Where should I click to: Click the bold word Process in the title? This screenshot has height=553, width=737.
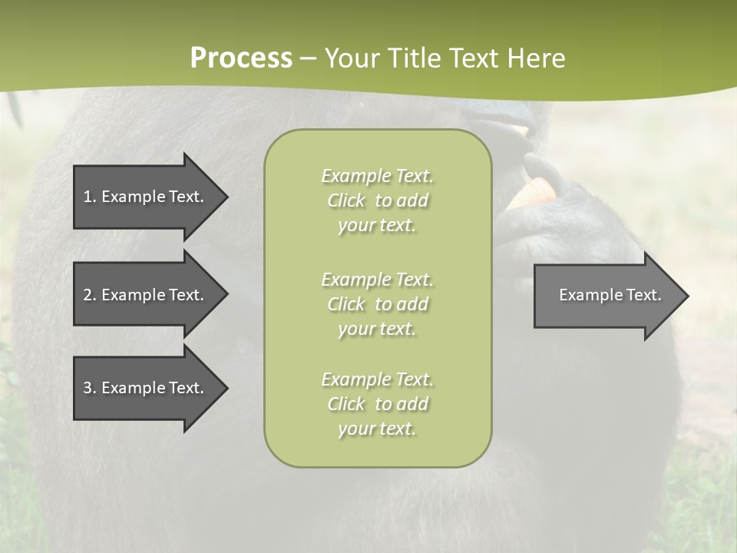[x=241, y=58]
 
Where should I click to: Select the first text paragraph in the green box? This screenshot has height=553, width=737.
[x=377, y=200]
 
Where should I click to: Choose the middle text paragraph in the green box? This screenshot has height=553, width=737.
[x=377, y=304]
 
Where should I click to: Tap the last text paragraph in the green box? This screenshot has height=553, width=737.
[x=377, y=404]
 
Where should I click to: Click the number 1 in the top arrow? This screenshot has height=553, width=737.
[x=88, y=197]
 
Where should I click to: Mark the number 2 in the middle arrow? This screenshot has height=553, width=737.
[x=88, y=295]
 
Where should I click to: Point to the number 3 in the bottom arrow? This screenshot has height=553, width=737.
[x=88, y=388]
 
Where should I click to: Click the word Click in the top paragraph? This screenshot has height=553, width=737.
[x=346, y=200]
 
